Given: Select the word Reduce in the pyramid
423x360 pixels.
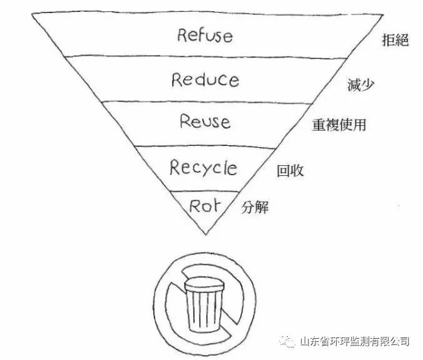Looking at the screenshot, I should coord(205,80).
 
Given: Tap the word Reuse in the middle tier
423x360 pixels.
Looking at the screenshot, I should coord(205,121).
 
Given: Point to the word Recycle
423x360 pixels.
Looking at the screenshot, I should coord(203,167).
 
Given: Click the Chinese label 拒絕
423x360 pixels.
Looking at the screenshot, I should coord(395,41).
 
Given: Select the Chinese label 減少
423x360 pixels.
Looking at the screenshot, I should coord(360,85).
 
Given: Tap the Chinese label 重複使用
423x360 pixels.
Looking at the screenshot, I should coord(339,125).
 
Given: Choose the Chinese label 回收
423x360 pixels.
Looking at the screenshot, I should coord(290,170).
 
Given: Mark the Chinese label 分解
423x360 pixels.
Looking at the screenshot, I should coord(255,207).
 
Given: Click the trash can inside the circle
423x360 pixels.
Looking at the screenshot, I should coord(203,302).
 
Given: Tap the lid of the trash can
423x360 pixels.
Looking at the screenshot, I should coord(203,284).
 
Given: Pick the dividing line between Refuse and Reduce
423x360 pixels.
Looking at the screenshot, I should coord(206,56).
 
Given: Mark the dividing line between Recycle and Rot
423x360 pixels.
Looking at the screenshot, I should coord(206,190).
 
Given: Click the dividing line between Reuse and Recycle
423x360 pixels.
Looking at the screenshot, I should coord(206,146).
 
